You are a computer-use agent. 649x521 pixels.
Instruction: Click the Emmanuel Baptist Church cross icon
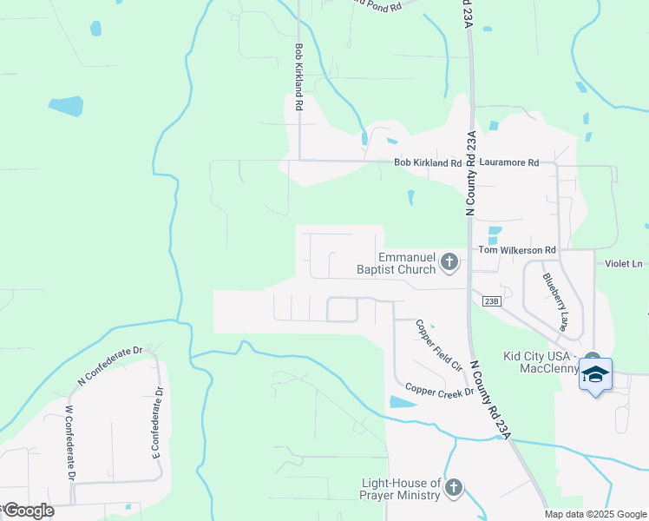[x=449, y=260]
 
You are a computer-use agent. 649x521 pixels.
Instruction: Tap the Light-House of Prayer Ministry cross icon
[x=453, y=489]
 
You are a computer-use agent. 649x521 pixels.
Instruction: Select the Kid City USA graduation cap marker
[x=595, y=375]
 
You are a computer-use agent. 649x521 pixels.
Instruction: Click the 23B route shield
[x=492, y=301]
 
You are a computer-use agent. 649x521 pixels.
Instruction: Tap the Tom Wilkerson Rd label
[x=516, y=250]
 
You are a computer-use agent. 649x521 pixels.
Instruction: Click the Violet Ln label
[x=625, y=263]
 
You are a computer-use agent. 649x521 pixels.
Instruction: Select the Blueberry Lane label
[x=554, y=303]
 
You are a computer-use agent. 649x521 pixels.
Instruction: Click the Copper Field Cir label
[x=437, y=346]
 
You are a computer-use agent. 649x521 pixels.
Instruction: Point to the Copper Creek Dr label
[x=439, y=392]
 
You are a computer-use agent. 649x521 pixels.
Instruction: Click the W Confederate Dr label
[x=70, y=442]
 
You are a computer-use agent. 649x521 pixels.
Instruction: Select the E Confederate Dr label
[x=157, y=422]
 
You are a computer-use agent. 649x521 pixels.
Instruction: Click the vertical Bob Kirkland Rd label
[x=298, y=77]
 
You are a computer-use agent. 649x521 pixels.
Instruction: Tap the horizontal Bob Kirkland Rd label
[x=428, y=162]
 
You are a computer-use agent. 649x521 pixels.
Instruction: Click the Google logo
[x=29, y=511]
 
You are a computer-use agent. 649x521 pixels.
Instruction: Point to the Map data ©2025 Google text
[x=594, y=514]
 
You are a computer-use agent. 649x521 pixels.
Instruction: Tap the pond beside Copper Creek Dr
[x=403, y=402]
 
